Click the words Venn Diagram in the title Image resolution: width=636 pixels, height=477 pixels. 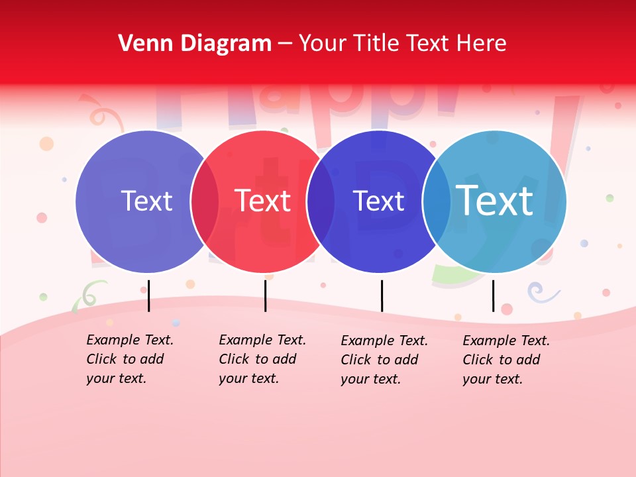195,44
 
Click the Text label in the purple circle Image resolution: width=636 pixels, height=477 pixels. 146,201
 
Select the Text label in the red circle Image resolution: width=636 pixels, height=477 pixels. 263,201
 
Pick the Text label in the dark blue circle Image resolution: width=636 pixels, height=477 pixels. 378,201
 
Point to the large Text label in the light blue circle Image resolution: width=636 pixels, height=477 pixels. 495,200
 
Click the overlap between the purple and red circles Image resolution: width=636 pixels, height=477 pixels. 205,201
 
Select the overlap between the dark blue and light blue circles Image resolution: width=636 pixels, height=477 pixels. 437,201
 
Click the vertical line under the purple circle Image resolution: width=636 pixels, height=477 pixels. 148,295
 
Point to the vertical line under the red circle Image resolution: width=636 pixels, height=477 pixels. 265,295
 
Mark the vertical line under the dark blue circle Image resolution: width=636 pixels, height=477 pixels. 382,295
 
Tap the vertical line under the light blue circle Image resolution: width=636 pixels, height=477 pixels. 493,295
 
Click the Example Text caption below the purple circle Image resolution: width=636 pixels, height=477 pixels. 129,359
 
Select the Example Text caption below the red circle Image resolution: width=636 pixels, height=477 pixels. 262,359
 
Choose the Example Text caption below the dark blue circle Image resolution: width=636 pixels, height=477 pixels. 384,360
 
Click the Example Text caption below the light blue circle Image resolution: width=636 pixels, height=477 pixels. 505,360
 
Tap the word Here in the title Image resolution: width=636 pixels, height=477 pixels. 482,44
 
